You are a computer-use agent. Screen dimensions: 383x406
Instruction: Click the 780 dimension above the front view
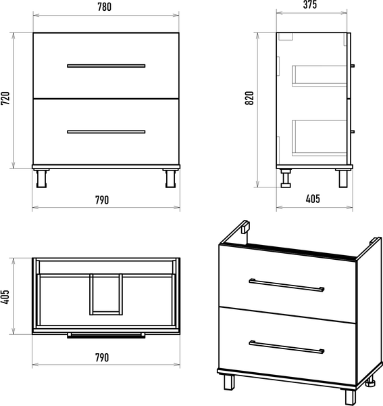coord(105,7)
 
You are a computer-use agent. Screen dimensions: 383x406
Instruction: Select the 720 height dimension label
coord(5,98)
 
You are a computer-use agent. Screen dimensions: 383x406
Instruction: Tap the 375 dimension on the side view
coord(310,5)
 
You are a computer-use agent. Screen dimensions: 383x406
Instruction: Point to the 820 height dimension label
coord(249,98)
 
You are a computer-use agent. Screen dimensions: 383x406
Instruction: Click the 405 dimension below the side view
coord(313,199)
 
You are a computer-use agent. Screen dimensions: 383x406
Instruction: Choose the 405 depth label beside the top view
coord(5,297)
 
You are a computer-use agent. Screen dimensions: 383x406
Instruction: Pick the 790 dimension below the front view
coord(102,200)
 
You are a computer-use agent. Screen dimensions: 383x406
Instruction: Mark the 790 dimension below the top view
coord(102,357)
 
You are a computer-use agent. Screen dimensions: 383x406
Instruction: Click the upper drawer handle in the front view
coord(106,66)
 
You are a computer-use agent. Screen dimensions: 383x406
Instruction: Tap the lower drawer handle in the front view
coord(106,132)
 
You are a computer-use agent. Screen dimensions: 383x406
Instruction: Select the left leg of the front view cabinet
coord(41,179)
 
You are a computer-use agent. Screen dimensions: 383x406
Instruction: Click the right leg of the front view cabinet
coord(171,179)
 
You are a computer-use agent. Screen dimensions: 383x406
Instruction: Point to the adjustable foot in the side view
coord(286,179)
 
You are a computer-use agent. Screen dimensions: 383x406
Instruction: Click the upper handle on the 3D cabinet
coord(286,285)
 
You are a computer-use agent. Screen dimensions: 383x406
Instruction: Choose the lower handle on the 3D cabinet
coord(286,347)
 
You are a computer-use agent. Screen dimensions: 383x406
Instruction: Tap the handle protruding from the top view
coord(106,336)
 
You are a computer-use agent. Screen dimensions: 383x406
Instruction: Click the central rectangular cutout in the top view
coord(106,294)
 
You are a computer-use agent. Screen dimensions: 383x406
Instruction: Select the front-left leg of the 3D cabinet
coord(229,383)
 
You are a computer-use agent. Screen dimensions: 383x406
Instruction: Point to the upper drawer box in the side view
coord(320,76)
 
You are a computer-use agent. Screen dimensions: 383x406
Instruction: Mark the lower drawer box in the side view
coord(320,138)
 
